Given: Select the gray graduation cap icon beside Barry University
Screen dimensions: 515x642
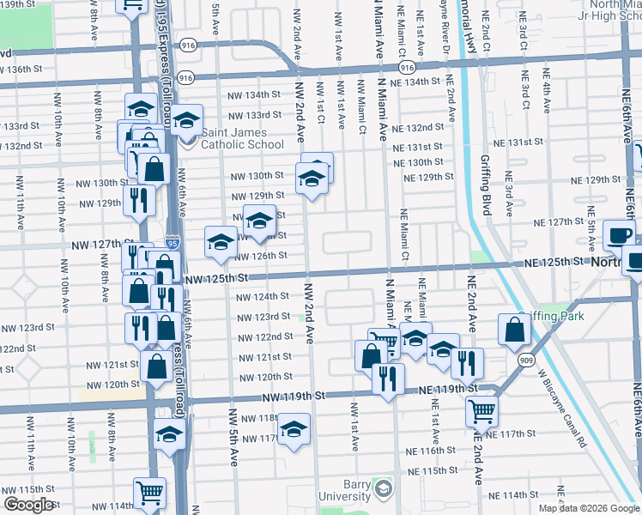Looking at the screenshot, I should pyautogui.click(x=384, y=490).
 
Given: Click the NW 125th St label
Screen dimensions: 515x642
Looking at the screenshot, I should pyautogui.click(x=215, y=278).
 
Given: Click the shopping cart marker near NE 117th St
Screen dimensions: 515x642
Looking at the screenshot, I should pyautogui.click(x=481, y=410).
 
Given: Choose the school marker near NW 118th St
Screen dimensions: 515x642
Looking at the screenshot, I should pyautogui.click(x=294, y=430).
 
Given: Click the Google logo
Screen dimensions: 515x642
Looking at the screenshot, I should pyautogui.click(x=28, y=505).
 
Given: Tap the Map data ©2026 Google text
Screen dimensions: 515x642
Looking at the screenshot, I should pyautogui.click(x=589, y=508).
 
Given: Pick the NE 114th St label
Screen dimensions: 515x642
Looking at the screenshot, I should pyautogui.click(x=513, y=495).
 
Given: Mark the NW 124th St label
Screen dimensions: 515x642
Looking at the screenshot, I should pyautogui.click(x=263, y=296).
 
